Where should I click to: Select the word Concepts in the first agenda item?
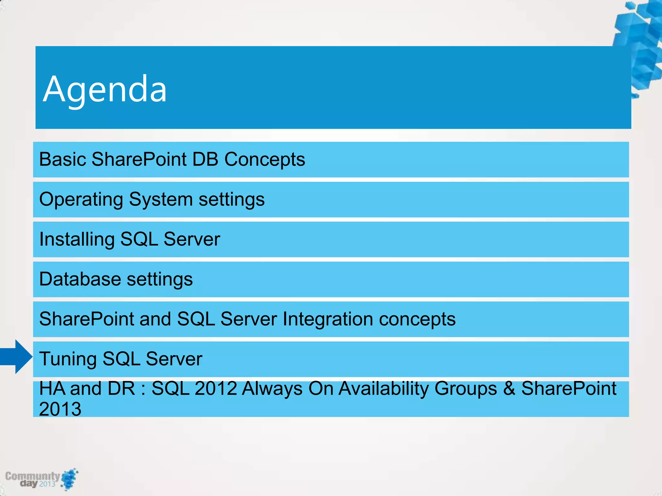(264, 159)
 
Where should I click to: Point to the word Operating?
(81, 200)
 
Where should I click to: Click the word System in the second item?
(161, 200)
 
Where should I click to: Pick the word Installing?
(77, 239)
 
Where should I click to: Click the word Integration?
(327, 319)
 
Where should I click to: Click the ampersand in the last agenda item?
(509, 388)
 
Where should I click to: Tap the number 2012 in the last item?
(216, 388)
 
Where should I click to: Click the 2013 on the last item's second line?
(60, 409)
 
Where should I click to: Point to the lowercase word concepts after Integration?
(417, 319)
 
